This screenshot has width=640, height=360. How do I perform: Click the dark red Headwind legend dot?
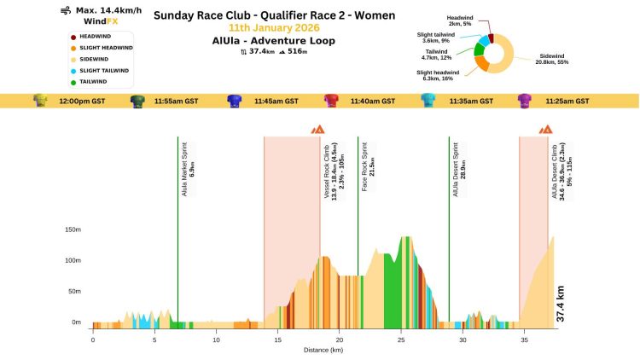(73, 36)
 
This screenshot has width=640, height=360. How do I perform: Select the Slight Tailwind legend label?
(104, 70)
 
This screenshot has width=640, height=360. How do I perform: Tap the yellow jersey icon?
(39, 101)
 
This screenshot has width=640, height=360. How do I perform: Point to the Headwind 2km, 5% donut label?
(461, 20)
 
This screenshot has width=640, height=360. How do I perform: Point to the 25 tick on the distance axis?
(400, 339)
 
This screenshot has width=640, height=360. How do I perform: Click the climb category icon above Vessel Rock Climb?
(317, 130)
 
